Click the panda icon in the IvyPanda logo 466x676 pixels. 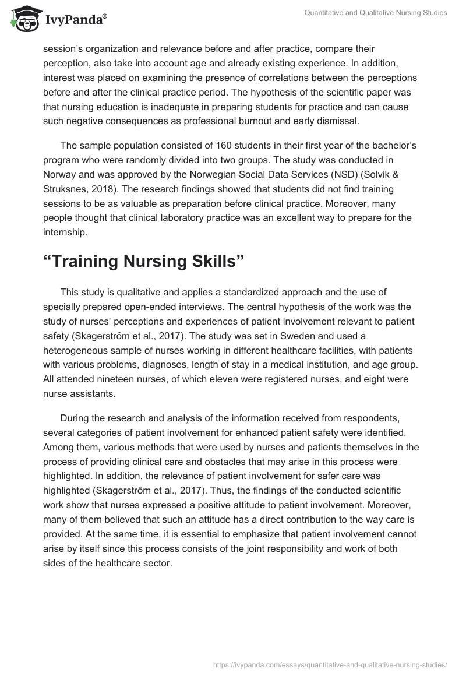(22, 19)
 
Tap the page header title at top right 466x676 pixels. (376, 13)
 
